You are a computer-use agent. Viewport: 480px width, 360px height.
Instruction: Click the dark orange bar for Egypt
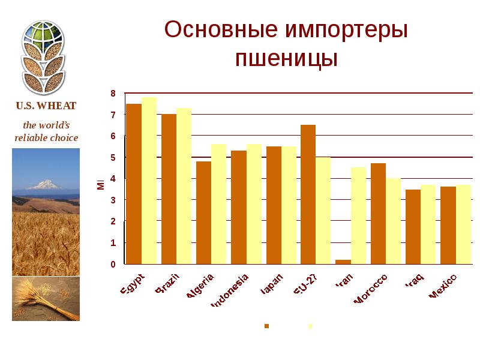click(x=133, y=184)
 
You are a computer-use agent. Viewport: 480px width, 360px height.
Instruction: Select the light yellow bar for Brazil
click(x=184, y=186)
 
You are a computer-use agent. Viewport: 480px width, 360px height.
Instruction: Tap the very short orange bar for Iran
click(x=343, y=262)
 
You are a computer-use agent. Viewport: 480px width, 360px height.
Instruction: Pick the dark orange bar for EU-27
click(x=308, y=194)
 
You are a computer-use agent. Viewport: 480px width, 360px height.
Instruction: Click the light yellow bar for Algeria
click(x=218, y=204)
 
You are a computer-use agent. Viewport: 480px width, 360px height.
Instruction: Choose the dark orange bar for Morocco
click(x=378, y=214)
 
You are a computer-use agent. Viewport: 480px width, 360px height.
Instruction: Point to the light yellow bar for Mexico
click(x=463, y=224)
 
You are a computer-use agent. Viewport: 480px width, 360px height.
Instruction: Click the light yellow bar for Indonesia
click(x=254, y=204)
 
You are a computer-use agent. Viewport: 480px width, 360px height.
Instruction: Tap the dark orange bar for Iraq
click(x=413, y=227)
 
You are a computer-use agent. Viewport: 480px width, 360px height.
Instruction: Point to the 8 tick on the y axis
click(x=113, y=93)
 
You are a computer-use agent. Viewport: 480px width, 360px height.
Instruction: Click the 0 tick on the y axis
click(x=113, y=264)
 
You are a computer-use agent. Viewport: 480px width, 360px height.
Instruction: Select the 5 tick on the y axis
click(x=113, y=157)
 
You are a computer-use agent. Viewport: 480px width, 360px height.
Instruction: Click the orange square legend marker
click(x=267, y=326)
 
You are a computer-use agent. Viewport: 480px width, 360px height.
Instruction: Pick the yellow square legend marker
click(x=310, y=326)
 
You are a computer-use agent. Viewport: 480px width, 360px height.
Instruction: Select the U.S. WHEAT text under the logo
click(x=46, y=106)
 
